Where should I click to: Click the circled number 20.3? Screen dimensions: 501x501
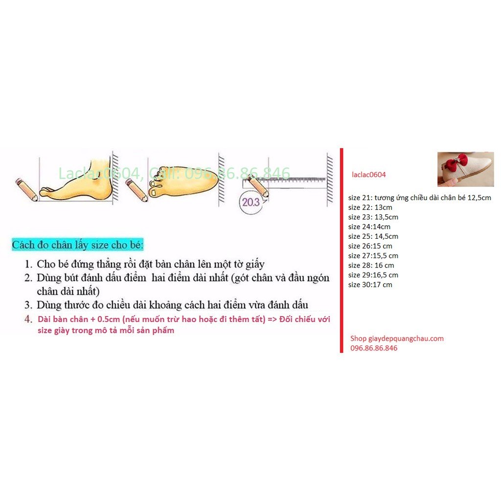click(x=250, y=202)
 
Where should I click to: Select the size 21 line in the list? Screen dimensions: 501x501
click(x=419, y=198)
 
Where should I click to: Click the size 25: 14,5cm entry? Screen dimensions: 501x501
click(x=369, y=236)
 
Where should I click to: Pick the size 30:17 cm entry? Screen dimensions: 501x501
click(x=371, y=285)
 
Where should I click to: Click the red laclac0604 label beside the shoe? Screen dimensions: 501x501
click(x=368, y=174)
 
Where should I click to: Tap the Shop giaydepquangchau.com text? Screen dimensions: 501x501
click(x=397, y=338)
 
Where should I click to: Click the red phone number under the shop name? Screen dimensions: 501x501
click(x=373, y=348)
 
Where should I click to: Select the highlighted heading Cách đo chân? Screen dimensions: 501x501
click(x=78, y=245)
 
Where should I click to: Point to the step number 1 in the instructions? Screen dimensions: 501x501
click(x=28, y=265)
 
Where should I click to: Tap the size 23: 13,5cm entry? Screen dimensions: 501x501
click(x=373, y=217)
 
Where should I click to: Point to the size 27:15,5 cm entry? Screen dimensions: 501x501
click(x=373, y=256)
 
